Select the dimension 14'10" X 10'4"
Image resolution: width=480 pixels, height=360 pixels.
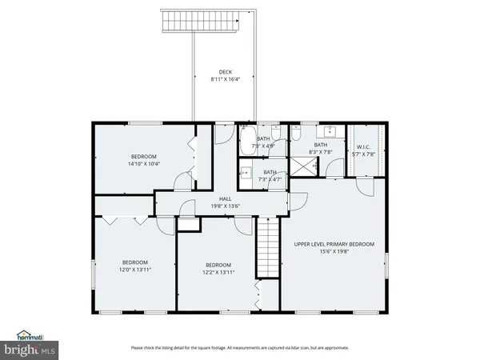coord(144,164)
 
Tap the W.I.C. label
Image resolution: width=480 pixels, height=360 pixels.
coord(363,146)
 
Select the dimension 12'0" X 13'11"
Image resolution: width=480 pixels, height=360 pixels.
coord(134,270)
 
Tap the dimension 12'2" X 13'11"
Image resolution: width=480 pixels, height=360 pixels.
coord(218,273)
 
